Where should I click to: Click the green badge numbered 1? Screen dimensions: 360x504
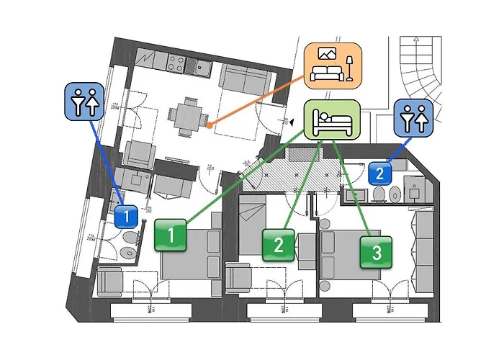[x=171, y=235]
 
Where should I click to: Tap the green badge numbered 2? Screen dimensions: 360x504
[x=278, y=245]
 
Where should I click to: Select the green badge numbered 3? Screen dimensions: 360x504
[x=377, y=253]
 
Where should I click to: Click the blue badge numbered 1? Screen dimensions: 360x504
[x=126, y=215]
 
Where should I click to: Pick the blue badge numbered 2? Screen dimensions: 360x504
[x=380, y=173]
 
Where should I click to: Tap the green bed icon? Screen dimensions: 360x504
[x=330, y=119]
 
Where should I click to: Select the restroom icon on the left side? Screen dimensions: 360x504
[x=85, y=101]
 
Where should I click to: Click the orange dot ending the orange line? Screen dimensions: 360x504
[x=209, y=125]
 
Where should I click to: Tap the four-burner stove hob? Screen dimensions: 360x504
[x=175, y=65]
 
